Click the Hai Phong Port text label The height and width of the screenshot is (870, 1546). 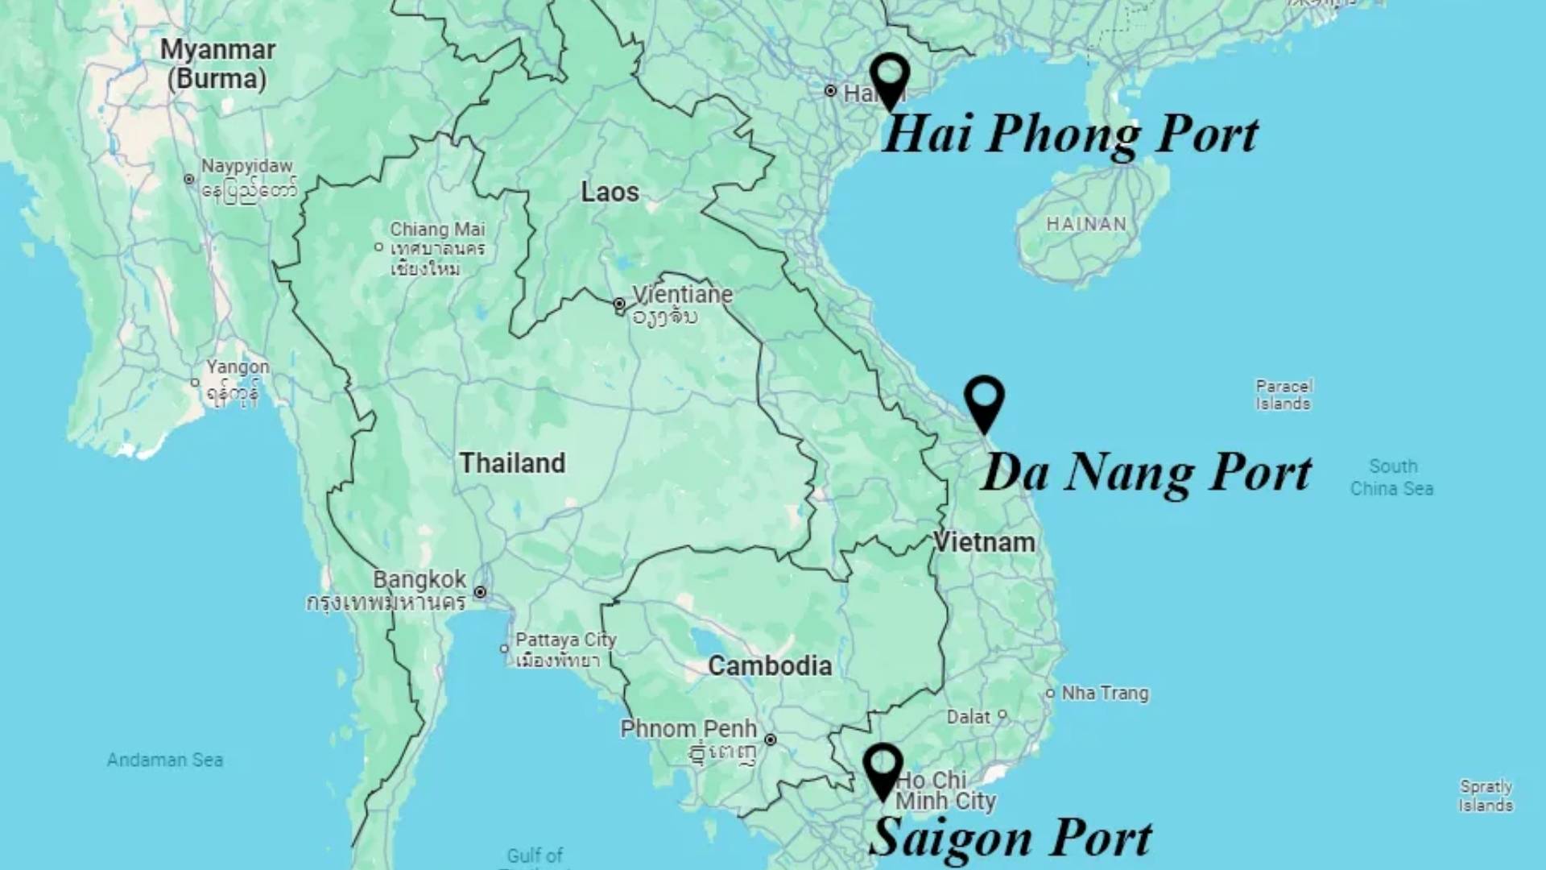pyautogui.click(x=1070, y=134)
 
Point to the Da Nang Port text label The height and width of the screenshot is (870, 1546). pyautogui.click(x=1147, y=472)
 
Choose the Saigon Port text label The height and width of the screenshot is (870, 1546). pyautogui.click(x=1011, y=838)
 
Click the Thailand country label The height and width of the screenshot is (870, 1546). pyautogui.click(x=512, y=463)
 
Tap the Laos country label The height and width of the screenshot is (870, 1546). pyautogui.click(x=610, y=193)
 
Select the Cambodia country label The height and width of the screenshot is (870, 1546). pyautogui.click(x=770, y=666)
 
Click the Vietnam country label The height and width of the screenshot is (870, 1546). pyautogui.click(x=984, y=542)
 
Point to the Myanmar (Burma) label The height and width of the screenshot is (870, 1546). pyautogui.click(x=217, y=64)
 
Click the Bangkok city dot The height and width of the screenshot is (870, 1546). pyautogui.click(x=480, y=592)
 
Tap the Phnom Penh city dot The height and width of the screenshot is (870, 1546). pyautogui.click(x=771, y=739)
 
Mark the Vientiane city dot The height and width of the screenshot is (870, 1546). pyautogui.click(x=618, y=304)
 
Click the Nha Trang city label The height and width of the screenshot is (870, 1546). pyautogui.click(x=1105, y=693)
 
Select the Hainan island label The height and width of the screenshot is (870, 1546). pyautogui.click(x=1086, y=224)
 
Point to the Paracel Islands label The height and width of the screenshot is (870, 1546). pyautogui.click(x=1284, y=395)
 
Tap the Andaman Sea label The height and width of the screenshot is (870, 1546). pyautogui.click(x=165, y=760)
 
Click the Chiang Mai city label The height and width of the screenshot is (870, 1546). pyautogui.click(x=437, y=230)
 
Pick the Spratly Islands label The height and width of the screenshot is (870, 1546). pyautogui.click(x=1486, y=796)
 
